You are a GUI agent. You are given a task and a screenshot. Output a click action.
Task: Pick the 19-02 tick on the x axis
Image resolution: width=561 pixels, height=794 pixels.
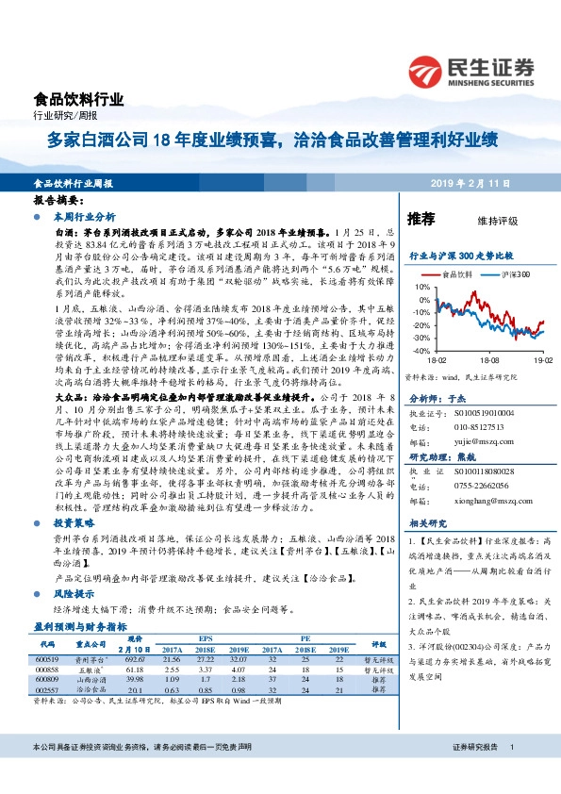(x=541, y=360)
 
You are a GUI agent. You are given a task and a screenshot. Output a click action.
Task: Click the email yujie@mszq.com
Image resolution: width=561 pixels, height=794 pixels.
(x=469, y=412)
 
